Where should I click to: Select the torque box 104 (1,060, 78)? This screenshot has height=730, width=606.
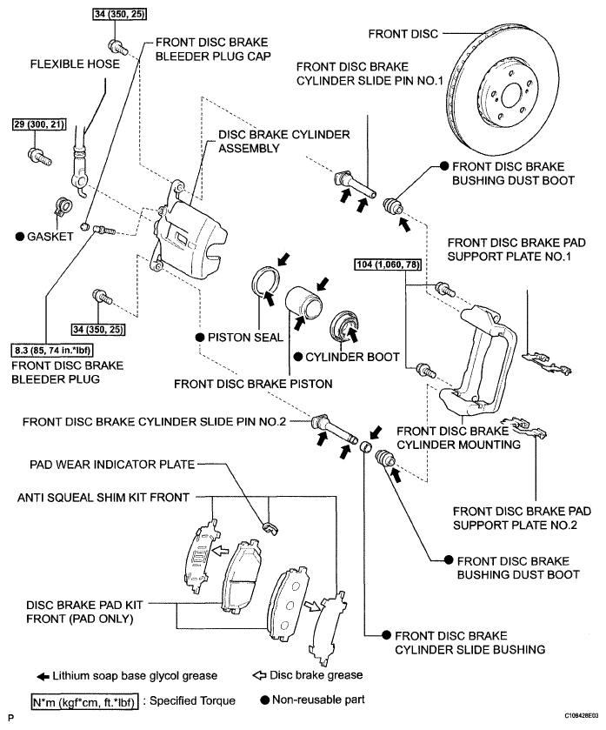(388, 265)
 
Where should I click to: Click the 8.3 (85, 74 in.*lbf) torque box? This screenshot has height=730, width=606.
(51, 350)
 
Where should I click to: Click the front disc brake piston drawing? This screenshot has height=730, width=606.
(303, 303)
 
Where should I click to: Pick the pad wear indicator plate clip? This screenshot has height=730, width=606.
(270, 528)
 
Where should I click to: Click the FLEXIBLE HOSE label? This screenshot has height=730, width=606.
(75, 64)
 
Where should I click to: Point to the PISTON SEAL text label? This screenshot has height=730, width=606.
(245, 338)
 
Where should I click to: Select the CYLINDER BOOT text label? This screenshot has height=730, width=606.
(352, 357)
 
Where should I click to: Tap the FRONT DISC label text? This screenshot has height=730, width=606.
(403, 34)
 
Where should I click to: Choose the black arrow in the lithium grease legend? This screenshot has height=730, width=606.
(43, 677)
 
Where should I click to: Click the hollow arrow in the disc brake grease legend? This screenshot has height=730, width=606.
(259, 675)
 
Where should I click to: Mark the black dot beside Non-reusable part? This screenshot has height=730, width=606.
(264, 700)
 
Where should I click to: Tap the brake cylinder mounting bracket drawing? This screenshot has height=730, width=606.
(479, 359)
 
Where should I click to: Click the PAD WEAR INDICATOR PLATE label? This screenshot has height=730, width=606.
(112, 464)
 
